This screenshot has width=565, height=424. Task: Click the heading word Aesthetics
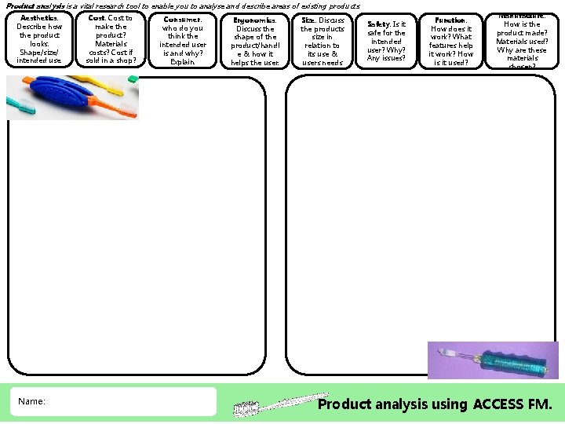[38, 18]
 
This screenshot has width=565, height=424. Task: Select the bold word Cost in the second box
[96, 18]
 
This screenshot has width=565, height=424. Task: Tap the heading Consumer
[182, 20]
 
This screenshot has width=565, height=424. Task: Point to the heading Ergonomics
[255, 20]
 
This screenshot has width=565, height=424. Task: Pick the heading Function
[450, 20]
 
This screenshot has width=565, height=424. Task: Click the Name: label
[31, 401]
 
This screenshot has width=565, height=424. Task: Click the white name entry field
[126, 401]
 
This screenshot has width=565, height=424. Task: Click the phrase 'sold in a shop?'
[111, 60]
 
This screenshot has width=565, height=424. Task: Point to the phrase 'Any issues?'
[386, 57]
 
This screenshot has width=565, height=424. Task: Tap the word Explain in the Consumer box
[182, 61]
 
